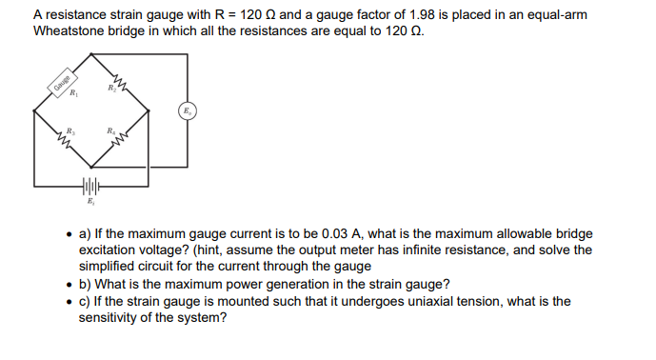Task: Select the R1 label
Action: click(x=70, y=95)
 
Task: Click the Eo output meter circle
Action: click(x=188, y=112)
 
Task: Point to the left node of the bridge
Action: click(x=35, y=113)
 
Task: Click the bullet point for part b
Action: click(x=69, y=285)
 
